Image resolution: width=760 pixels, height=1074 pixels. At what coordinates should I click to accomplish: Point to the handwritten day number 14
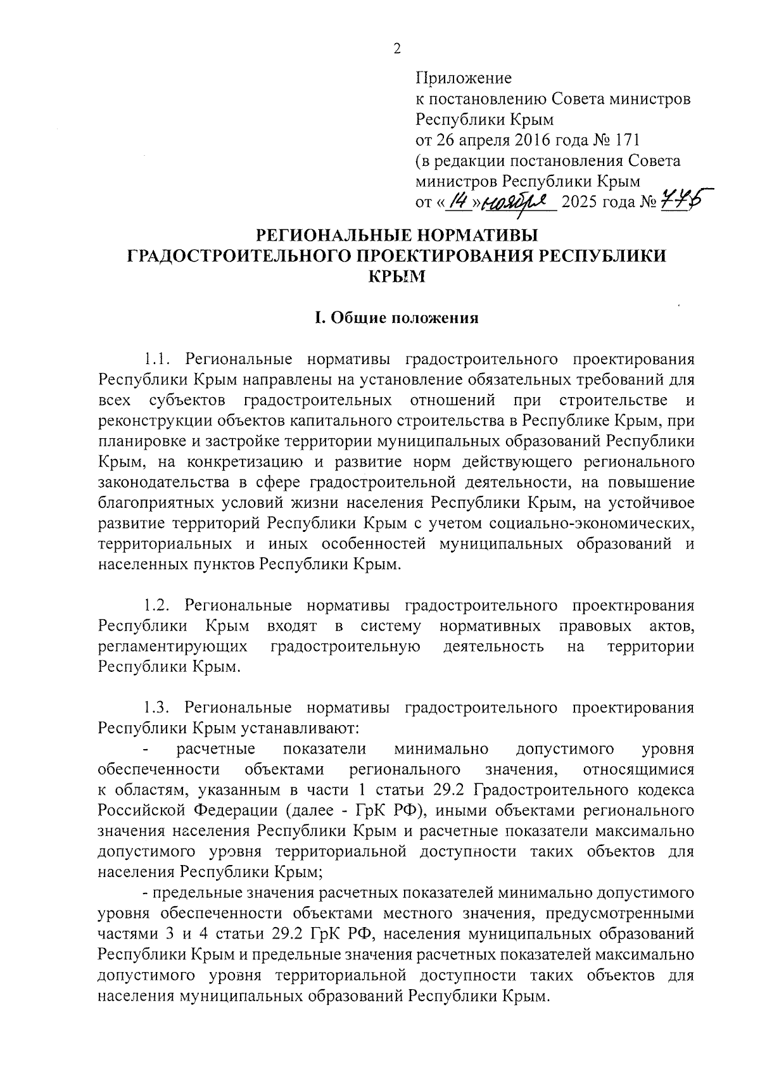458,201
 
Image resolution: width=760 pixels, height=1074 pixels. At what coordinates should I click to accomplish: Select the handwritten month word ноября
519,202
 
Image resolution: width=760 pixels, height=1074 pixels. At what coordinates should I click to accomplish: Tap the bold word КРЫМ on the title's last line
397,276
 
